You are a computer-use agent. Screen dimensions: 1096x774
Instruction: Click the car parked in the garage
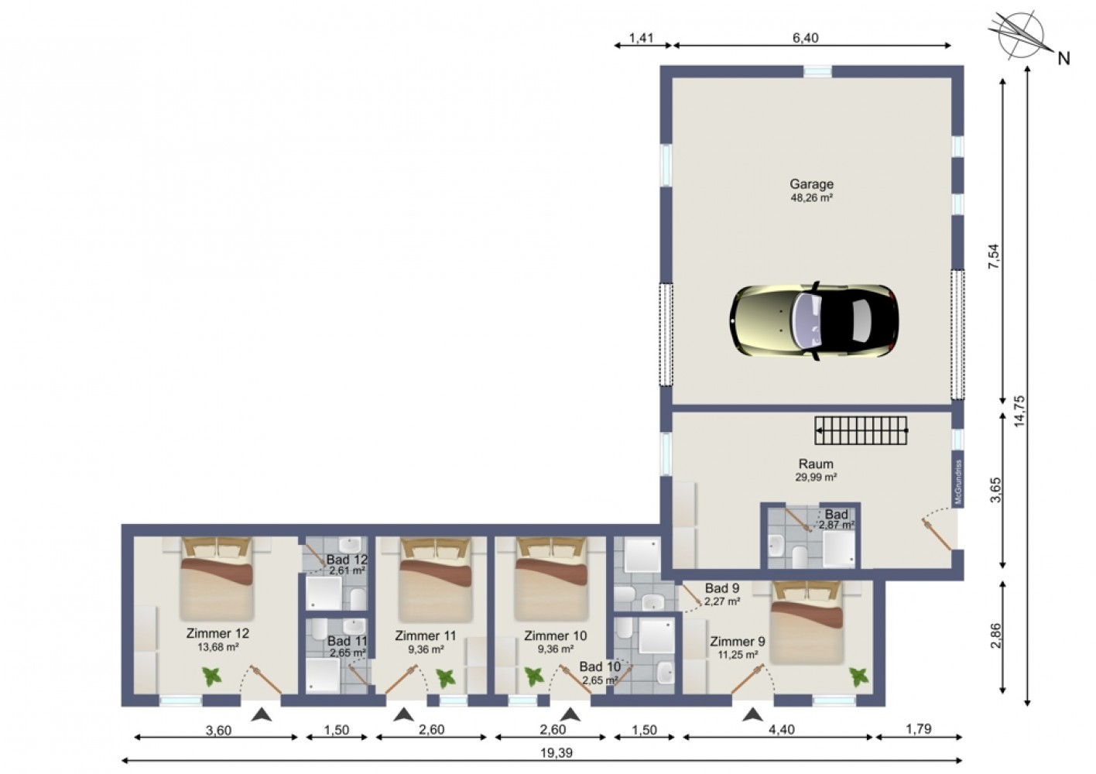tap(813, 321)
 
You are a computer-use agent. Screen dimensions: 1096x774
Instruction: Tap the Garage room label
tap(811, 184)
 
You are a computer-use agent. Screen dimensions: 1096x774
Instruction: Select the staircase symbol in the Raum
tap(861, 430)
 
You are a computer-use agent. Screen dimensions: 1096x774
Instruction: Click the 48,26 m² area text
tap(811, 197)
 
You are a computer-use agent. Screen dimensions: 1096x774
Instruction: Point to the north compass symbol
tap(1021, 36)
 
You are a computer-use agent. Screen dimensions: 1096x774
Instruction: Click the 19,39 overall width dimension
tap(557, 752)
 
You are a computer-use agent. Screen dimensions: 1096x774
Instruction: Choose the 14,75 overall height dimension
tap(1019, 411)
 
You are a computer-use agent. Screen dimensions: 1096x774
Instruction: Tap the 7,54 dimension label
tap(995, 256)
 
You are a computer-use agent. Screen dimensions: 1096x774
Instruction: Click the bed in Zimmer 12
tap(217, 579)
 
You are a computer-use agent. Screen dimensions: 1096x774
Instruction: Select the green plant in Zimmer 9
tap(858, 677)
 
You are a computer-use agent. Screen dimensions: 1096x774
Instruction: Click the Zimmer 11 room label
tap(425, 635)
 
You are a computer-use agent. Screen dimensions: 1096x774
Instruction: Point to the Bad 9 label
tap(721, 587)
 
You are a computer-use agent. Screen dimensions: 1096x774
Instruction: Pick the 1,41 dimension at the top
tap(641, 38)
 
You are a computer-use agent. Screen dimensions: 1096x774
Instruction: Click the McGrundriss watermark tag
tap(958, 482)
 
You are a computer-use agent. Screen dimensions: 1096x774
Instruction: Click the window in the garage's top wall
tap(817, 71)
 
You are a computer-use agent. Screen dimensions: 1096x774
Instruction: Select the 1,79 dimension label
tap(919, 729)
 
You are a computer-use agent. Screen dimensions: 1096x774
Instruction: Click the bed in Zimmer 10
tap(551, 579)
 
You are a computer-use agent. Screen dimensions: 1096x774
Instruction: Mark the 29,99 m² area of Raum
tap(816, 477)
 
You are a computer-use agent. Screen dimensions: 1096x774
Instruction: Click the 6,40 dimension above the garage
tap(806, 38)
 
